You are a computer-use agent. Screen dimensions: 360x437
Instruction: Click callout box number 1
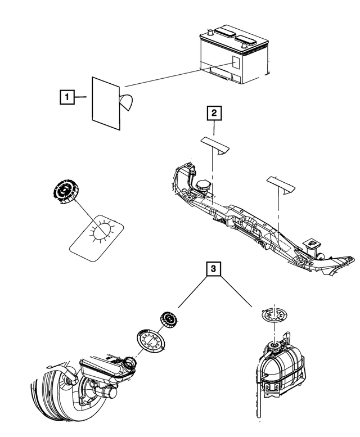(67, 97)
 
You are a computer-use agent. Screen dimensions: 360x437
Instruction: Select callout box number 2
(214, 113)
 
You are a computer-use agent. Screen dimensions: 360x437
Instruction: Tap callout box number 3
(213, 269)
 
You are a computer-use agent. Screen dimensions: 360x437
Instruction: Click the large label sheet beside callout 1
(106, 103)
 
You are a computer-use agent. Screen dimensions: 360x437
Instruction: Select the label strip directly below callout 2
(215, 145)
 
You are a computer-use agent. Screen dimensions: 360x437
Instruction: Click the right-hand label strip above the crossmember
(281, 184)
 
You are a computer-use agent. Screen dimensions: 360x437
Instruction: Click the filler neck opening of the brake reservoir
(130, 362)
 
